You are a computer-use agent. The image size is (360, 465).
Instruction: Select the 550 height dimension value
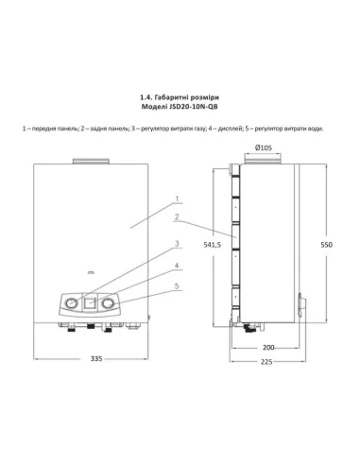click(327, 244)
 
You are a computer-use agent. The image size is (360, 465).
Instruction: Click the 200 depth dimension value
click(268, 348)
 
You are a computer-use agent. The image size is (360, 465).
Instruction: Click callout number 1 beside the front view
click(176, 198)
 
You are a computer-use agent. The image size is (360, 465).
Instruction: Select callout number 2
click(176, 217)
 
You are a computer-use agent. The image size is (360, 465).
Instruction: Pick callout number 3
click(176, 244)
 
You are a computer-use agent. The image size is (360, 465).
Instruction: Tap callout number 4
click(176, 266)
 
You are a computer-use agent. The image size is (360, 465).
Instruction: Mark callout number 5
click(176, 285)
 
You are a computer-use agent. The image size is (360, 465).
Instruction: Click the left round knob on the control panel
click(71, 304)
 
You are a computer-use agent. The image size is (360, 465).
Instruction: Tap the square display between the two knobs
click(92, 303)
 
